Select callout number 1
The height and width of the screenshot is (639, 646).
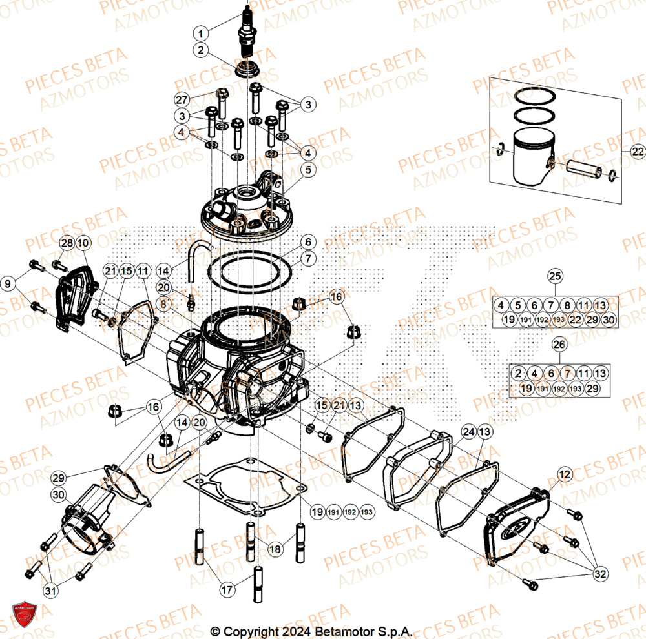click(x=201, y=33)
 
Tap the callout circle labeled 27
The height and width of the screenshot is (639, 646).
click(x=182, y=100)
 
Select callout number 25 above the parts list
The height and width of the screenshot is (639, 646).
click(x=555, y=277)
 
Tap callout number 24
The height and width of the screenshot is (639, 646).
click(x=468, y=431)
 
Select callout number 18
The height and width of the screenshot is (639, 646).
click(x=275, y=549)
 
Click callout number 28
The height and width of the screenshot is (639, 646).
click(x=67, y=243)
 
